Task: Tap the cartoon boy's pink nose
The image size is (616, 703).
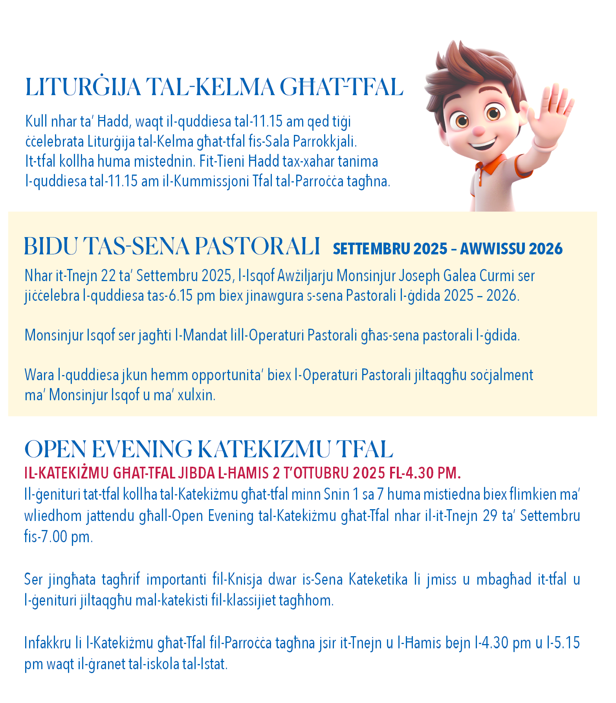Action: click(x=478, y=131)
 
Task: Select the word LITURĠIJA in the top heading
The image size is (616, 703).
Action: click(x=83, y=87)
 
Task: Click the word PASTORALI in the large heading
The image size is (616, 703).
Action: click(x=257, y=247)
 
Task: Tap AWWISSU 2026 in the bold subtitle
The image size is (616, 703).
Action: click(x=511, y=249)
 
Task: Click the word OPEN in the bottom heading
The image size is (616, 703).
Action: click(x=55, y=449)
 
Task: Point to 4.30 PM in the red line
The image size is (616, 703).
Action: click(x=433, y=473)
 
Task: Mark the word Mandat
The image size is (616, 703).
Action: click(x=205, y=335)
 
